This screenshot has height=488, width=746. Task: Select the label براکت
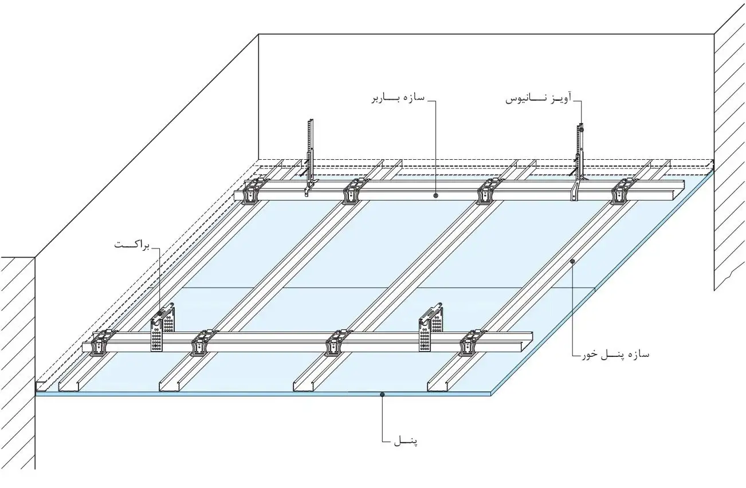point(132,245)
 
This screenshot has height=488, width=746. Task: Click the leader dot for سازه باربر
point(435,195)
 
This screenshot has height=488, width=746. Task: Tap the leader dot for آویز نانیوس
point(581,130)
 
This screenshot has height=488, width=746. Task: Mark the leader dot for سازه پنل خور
point(572,261)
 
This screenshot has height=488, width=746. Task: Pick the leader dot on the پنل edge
point(382,394)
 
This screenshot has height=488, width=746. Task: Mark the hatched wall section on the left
point(18,361)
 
